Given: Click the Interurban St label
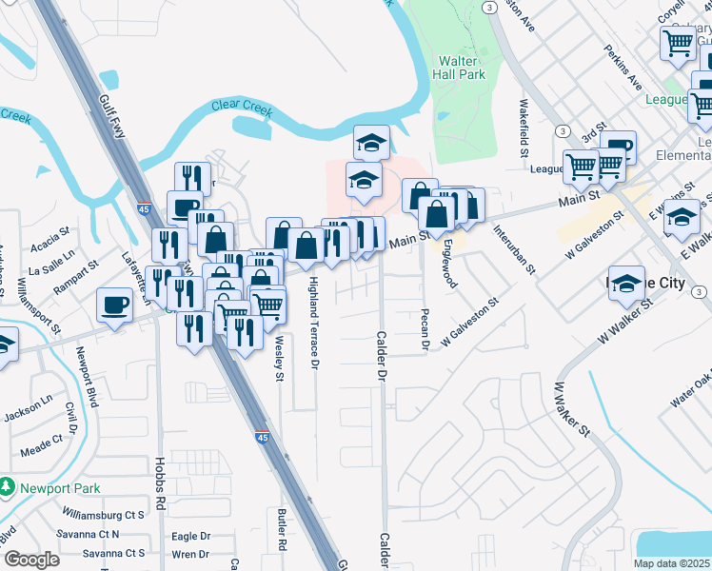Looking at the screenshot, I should [x=515, y=247].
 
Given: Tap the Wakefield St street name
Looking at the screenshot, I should [x=524, y=128].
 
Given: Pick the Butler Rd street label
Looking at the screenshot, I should [x=282, y=529].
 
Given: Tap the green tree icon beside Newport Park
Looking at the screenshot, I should [x=8, y=487].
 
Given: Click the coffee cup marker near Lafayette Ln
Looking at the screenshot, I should [x=114, y=306].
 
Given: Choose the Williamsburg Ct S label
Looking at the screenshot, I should [x=103, y=515].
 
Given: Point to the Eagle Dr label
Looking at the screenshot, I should [x=190, y=537].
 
